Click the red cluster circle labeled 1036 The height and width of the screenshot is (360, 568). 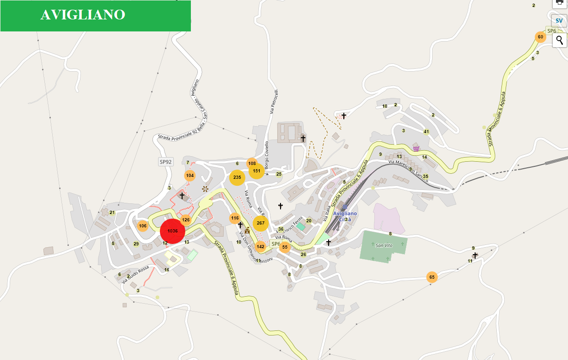(172, 231)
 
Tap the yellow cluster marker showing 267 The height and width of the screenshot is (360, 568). (261, 223)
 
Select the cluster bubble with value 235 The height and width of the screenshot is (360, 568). (237, 177)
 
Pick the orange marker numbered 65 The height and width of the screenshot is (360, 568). (432, 277)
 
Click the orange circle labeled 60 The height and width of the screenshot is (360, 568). (540, 37)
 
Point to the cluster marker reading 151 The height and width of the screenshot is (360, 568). (257, 171)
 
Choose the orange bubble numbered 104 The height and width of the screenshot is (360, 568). (189, 176)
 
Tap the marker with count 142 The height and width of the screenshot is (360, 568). (260, 247)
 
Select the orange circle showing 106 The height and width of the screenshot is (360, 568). (142, 226)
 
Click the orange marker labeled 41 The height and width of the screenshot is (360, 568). (427, 132)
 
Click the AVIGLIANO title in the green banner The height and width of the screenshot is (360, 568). (83, 15)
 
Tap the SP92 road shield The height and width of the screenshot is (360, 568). (165, 162)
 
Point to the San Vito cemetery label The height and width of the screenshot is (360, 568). (384, 245)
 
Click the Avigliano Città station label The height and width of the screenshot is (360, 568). (345, 216)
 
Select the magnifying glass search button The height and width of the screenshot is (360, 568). (559, 40)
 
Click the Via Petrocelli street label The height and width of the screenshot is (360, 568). (274, 102)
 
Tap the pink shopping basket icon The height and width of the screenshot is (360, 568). (416, 148)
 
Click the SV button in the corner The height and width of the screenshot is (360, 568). (559, 21)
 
